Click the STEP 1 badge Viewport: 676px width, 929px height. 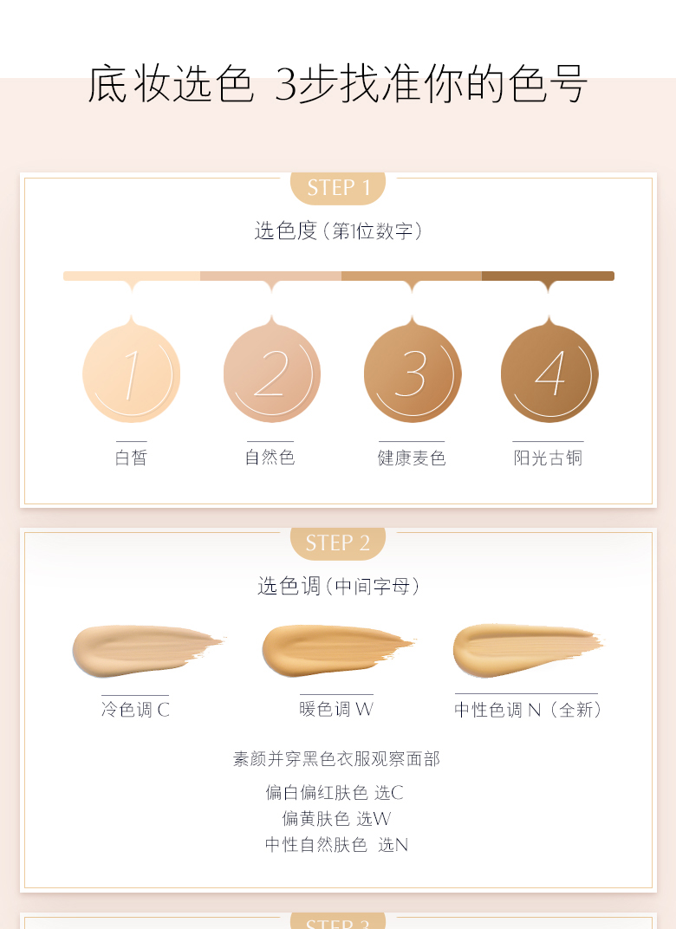338,188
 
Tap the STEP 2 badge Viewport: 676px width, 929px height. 338,542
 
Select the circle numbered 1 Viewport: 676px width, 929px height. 132,374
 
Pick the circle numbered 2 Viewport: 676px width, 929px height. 272,374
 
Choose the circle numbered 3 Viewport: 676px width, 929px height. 413,374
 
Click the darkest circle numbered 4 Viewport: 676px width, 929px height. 549,374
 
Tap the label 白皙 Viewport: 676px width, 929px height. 131,458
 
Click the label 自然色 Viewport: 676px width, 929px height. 270,457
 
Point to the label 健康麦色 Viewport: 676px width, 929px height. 412,458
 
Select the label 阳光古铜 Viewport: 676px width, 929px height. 548,458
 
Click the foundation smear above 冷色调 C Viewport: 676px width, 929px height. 148,651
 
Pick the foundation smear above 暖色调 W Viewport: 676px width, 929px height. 338,651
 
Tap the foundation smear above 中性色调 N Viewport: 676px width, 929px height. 528,650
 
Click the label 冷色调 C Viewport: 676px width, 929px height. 136,709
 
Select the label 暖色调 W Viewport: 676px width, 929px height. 336,709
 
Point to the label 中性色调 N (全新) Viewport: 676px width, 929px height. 528,709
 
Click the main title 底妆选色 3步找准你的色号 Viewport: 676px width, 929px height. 338,83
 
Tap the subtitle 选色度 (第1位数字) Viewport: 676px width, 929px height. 338,231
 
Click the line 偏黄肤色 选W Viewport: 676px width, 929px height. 336,818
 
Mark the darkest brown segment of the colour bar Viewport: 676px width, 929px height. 548,276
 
